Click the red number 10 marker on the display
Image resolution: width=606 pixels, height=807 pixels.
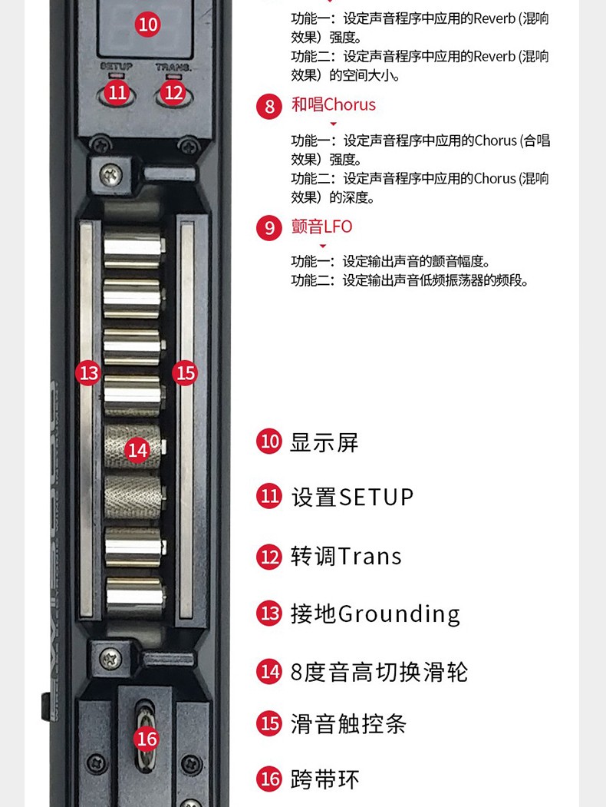click(147, 25)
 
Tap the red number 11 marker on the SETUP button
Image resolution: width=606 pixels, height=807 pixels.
click(117, 92)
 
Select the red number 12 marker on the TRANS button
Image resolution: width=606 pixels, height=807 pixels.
click(174, 92)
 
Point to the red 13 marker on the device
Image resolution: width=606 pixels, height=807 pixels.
click(89, 373)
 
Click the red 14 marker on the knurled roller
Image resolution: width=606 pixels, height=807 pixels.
click(137, 449)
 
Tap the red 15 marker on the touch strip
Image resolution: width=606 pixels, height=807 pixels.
click(185, 373)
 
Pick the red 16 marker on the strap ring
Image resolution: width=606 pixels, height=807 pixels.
click(146, 739)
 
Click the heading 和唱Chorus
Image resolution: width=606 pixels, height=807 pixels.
click(334, 104)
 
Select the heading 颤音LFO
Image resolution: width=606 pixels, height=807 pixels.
click(322, 227)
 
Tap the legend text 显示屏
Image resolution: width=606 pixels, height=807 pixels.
click(324, 442)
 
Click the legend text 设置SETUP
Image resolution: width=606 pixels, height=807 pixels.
click(352, 497)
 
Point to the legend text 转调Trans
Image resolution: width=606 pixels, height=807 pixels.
click(346, 556)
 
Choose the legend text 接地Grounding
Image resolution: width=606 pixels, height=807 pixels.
click(375, 614)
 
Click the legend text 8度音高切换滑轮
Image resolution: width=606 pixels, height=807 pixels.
click(379, 672)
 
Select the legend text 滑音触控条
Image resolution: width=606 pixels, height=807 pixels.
click(348, 723)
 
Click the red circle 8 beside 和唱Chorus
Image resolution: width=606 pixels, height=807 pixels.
click(269, 106)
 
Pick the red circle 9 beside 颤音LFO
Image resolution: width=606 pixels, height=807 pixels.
click(269, 228)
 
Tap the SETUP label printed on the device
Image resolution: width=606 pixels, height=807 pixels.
click(117, 67)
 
